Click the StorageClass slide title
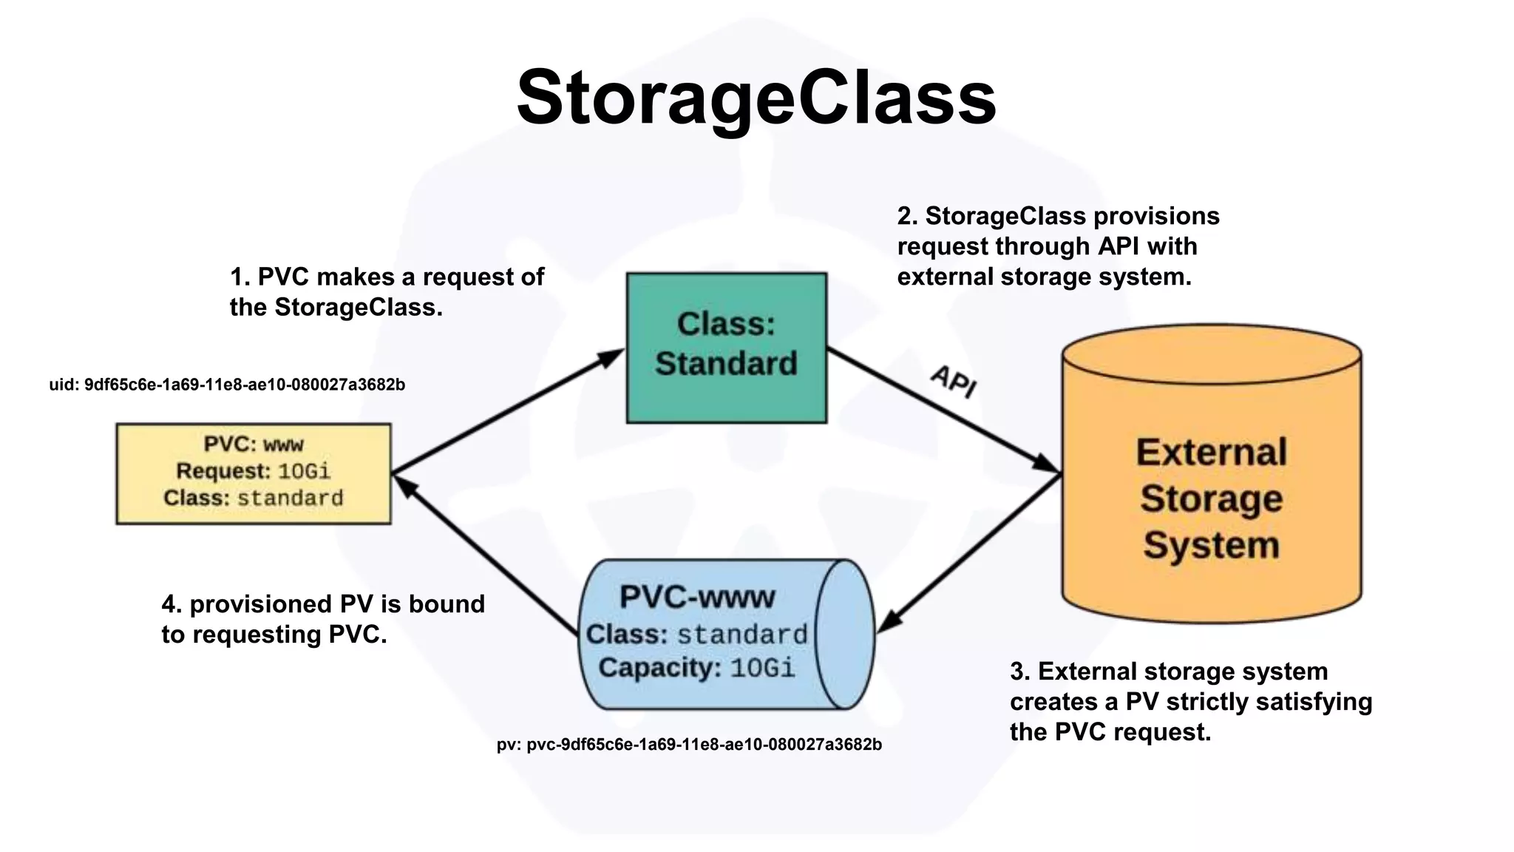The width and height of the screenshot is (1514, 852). coord(756,98)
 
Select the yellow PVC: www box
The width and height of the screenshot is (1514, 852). coord(254,473)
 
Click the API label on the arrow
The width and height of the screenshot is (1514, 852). coord(954,381)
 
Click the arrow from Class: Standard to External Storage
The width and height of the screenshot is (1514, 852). coord(943,410)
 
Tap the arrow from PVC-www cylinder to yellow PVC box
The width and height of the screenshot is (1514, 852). coord(485,555)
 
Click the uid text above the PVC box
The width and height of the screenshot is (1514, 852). coord(227,385)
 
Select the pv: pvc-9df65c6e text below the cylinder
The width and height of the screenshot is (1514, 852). coord(689,745)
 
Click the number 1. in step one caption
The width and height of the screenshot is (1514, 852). coord(240,277)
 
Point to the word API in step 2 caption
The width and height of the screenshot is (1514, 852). coord(1118,246)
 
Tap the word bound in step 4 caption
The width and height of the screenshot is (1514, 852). coord(447,604)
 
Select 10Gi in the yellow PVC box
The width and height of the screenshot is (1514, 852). coord(304,471)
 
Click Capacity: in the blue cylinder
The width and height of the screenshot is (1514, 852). coord(659,668)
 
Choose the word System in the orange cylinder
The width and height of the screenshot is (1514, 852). coord(1211,545)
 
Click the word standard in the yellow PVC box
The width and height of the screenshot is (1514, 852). coord(290,498)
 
